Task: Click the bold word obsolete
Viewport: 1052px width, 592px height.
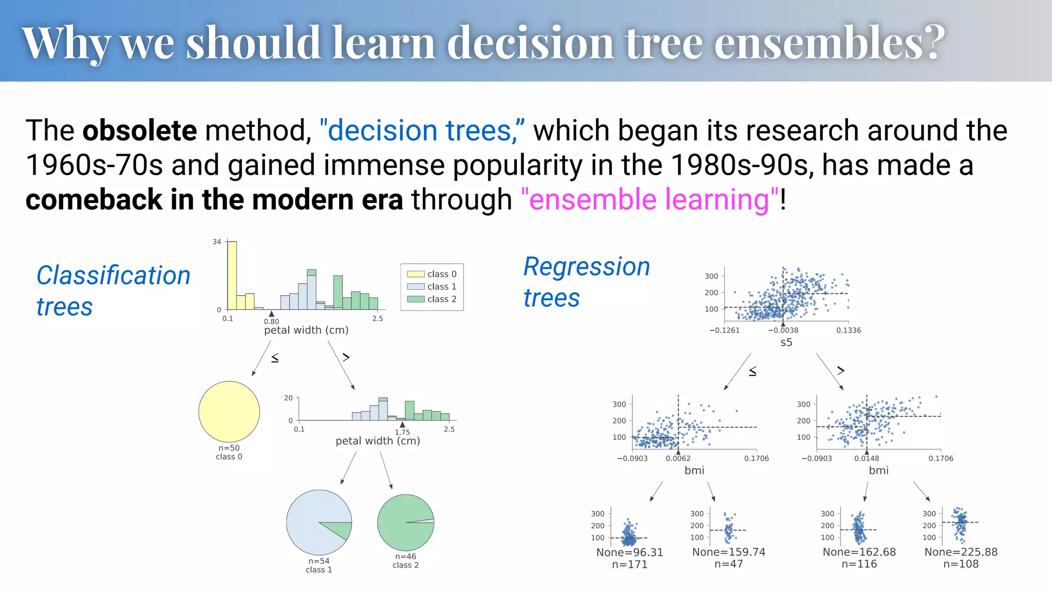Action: [139, 131]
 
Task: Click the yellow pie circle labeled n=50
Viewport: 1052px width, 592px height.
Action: [229, 412]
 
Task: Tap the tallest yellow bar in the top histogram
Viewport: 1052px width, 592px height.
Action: [232, 275]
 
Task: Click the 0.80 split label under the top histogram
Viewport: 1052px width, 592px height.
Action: [271, 321]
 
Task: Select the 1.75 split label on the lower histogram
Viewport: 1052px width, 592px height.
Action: [402, 432]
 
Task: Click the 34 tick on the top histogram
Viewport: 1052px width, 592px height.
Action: [217, 242]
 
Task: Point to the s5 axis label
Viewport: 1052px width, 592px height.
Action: [786, 343]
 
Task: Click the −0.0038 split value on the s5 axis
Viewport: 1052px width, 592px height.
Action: [783, 330]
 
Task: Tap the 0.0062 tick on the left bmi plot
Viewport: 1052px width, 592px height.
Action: [678, 458]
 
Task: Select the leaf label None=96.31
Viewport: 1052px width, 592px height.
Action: [630, 552]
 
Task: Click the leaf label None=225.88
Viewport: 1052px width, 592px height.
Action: [961, 552]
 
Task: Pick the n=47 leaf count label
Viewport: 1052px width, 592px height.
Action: [728, 564]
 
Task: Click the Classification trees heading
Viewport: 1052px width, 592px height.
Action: [113, 291]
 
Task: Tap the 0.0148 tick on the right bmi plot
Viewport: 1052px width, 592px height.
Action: [867, 458]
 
